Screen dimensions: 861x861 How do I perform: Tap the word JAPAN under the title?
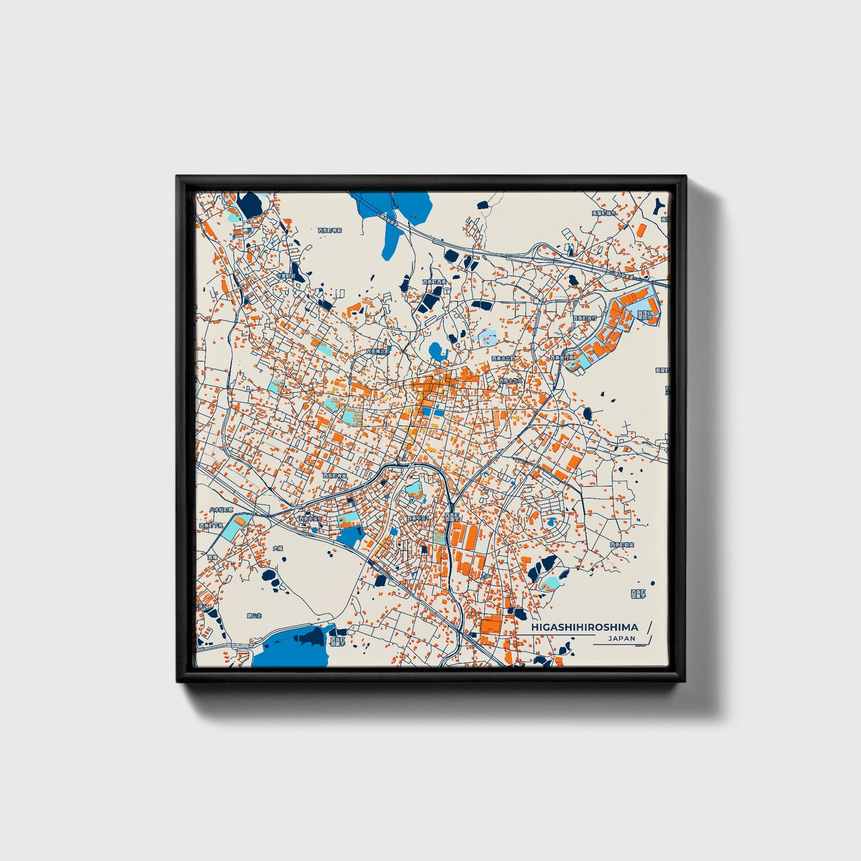coord(621,638)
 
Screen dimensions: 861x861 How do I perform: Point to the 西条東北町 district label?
coord(378,352)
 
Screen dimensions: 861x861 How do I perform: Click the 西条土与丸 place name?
coord(511,381)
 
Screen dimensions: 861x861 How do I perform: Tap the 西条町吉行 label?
coord(585,319)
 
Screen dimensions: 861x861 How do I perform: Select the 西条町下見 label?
coord(209,526)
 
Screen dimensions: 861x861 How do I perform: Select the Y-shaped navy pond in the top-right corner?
coord(660,206)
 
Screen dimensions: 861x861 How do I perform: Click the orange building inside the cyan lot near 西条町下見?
coord(239,522)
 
